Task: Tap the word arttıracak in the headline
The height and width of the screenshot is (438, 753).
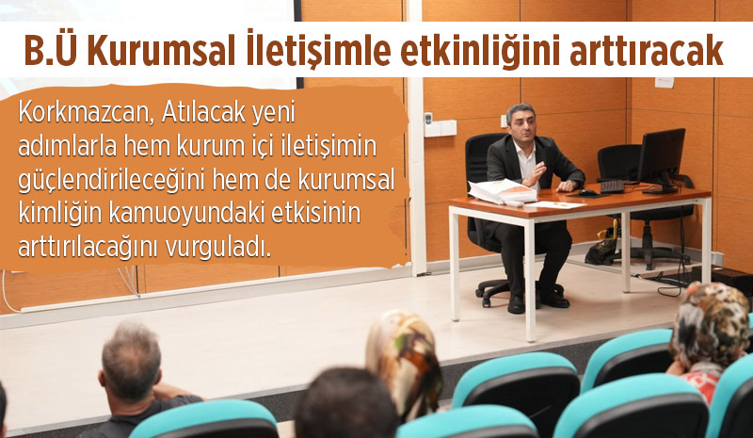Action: [x=647, y=51]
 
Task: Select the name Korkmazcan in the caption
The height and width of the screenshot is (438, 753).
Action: [x=86, y=114]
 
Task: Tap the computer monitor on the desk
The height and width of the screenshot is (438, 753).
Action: [x=661, y=159]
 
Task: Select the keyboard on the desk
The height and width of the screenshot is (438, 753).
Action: [x=612, y=187]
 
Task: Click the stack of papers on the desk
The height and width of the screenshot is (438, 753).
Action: [x=502, y=191]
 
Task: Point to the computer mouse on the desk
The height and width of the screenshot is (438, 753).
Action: [x=587, y=192]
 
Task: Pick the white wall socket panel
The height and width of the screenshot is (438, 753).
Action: [x=441, y=127]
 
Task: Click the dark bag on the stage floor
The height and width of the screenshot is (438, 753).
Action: [x=601, y=249]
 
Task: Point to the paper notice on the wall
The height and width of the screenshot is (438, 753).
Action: [x=665, y=82]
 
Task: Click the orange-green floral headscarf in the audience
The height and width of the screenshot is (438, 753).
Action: [x=405, y=361]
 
